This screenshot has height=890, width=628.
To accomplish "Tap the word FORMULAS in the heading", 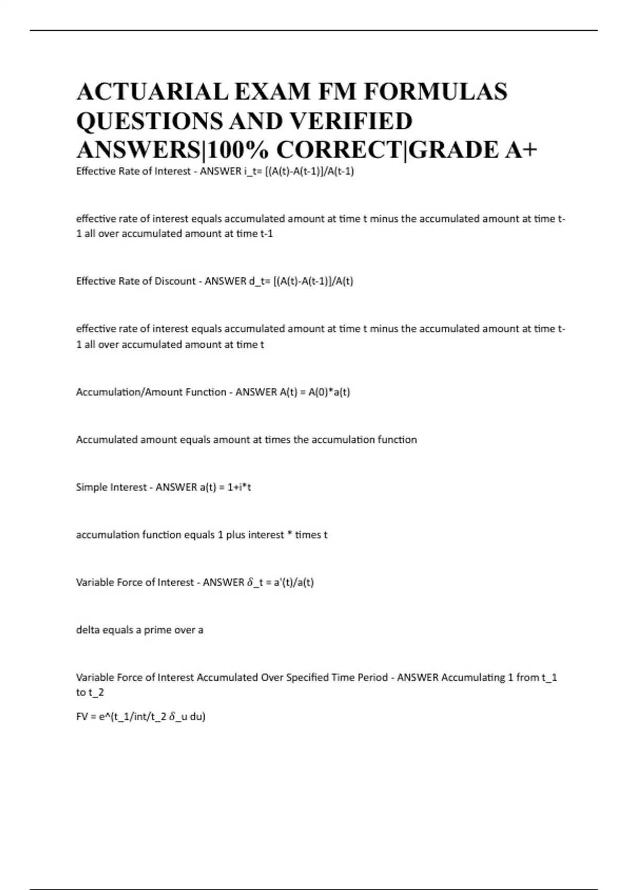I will (435, 92).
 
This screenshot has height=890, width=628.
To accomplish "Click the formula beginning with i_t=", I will (299, 171).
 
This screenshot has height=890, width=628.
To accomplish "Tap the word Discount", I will (175, 281).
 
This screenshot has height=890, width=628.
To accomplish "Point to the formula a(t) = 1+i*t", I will (225, 487).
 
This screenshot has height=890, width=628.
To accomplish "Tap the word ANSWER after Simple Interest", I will (176, 487).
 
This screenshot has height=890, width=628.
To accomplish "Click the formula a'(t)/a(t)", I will (294, 582).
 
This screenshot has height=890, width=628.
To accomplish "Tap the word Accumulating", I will (473, 677).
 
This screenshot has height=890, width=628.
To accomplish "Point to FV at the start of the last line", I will (82, 716).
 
